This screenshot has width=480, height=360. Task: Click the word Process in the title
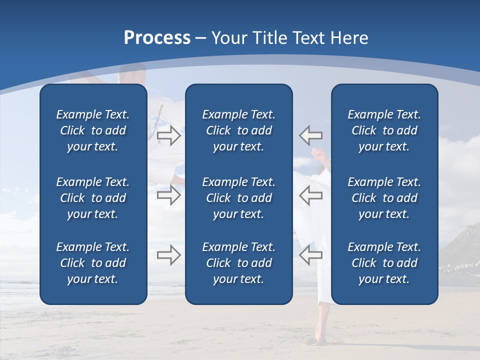(157, 38)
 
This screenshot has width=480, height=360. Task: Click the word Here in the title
(348, 38)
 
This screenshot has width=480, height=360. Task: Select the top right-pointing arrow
(168, 135)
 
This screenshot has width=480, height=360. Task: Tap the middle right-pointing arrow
(168, 195)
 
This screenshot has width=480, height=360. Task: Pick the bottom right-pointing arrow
(168, 255)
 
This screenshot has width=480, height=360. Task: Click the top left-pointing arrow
(310, 135)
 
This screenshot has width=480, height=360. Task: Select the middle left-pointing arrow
(310, 195)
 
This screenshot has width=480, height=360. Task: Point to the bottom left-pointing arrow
(310, 255)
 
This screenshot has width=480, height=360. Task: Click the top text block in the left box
(93, 130)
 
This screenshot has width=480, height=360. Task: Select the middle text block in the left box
(93, 198)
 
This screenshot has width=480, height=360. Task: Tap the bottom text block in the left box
(93, 263)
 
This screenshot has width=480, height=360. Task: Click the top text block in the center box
(238, 130)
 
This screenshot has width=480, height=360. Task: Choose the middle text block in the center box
(238, 198)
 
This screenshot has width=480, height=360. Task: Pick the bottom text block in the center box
(238, 263)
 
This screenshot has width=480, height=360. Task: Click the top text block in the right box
(384, 130)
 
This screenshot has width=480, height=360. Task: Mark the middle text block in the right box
(384, 198)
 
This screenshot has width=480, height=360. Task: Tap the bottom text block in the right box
(384, 263)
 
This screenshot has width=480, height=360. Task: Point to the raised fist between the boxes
(318, 152)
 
